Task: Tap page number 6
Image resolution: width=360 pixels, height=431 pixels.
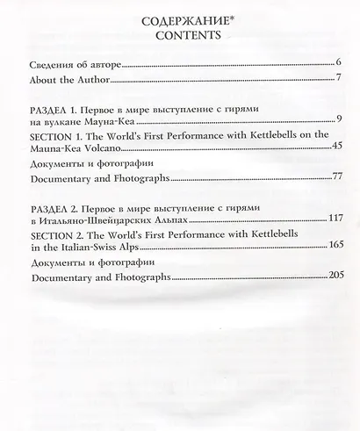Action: (338, 64)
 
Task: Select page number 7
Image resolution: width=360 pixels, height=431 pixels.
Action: (338, 80)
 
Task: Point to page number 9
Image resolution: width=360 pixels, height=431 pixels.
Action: (338, 119)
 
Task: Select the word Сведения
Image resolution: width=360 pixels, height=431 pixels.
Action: (53, 64)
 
